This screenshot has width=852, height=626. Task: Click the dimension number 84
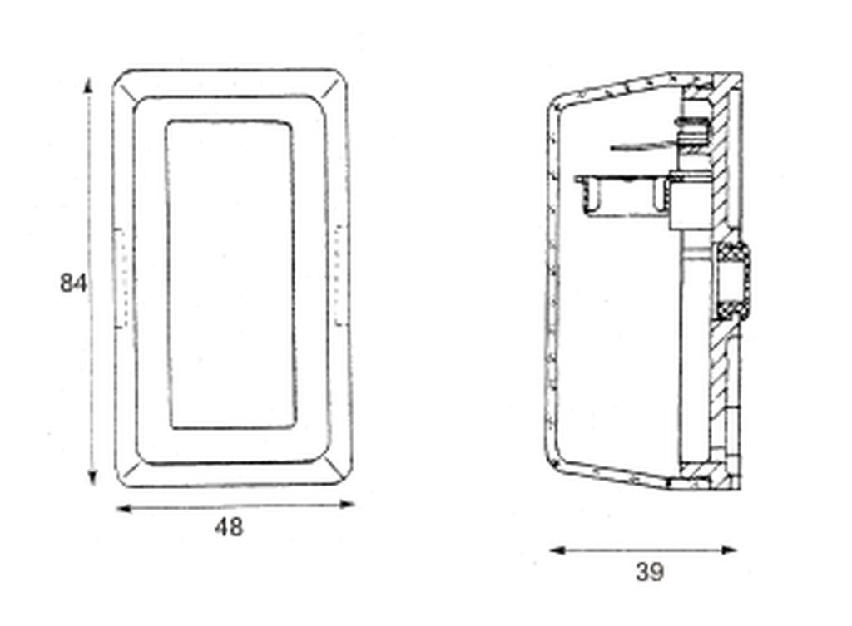[x=73, y=283]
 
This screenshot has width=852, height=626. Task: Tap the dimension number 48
[x=229, y=527]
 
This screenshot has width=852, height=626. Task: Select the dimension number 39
[x=650, y=572]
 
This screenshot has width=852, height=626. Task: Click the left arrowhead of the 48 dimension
[x=125, y=509]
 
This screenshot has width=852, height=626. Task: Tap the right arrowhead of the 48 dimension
[x=347, y=505]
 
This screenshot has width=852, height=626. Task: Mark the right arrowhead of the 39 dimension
[x=729, y=550]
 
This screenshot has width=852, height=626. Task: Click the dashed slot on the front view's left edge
[x=121, y=278]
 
